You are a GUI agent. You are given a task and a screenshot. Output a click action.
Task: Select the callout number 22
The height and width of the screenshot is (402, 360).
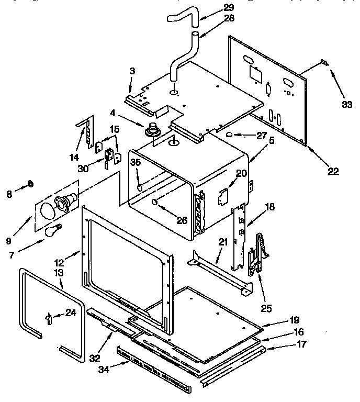[333, 171]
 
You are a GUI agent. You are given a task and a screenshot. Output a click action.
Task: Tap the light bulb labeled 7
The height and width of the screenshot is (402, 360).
[53, 230]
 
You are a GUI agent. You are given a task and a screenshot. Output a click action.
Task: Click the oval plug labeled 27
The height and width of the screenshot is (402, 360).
[229, 135]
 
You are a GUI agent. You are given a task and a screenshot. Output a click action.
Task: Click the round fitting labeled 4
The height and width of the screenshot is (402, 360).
[153, 128]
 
